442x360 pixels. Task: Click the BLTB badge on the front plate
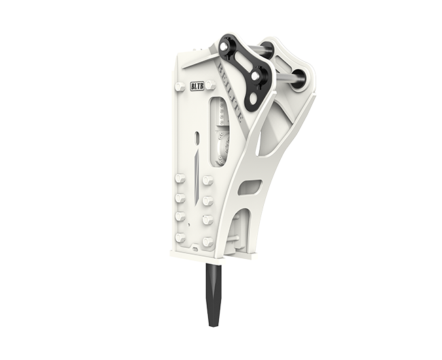coord(197,86)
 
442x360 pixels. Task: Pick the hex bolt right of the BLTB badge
coord(211,86)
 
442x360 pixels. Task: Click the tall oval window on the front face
coord(219,131)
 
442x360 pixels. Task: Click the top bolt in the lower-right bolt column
coord(208,181)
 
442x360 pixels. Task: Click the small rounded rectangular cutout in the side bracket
coord(250,186)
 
